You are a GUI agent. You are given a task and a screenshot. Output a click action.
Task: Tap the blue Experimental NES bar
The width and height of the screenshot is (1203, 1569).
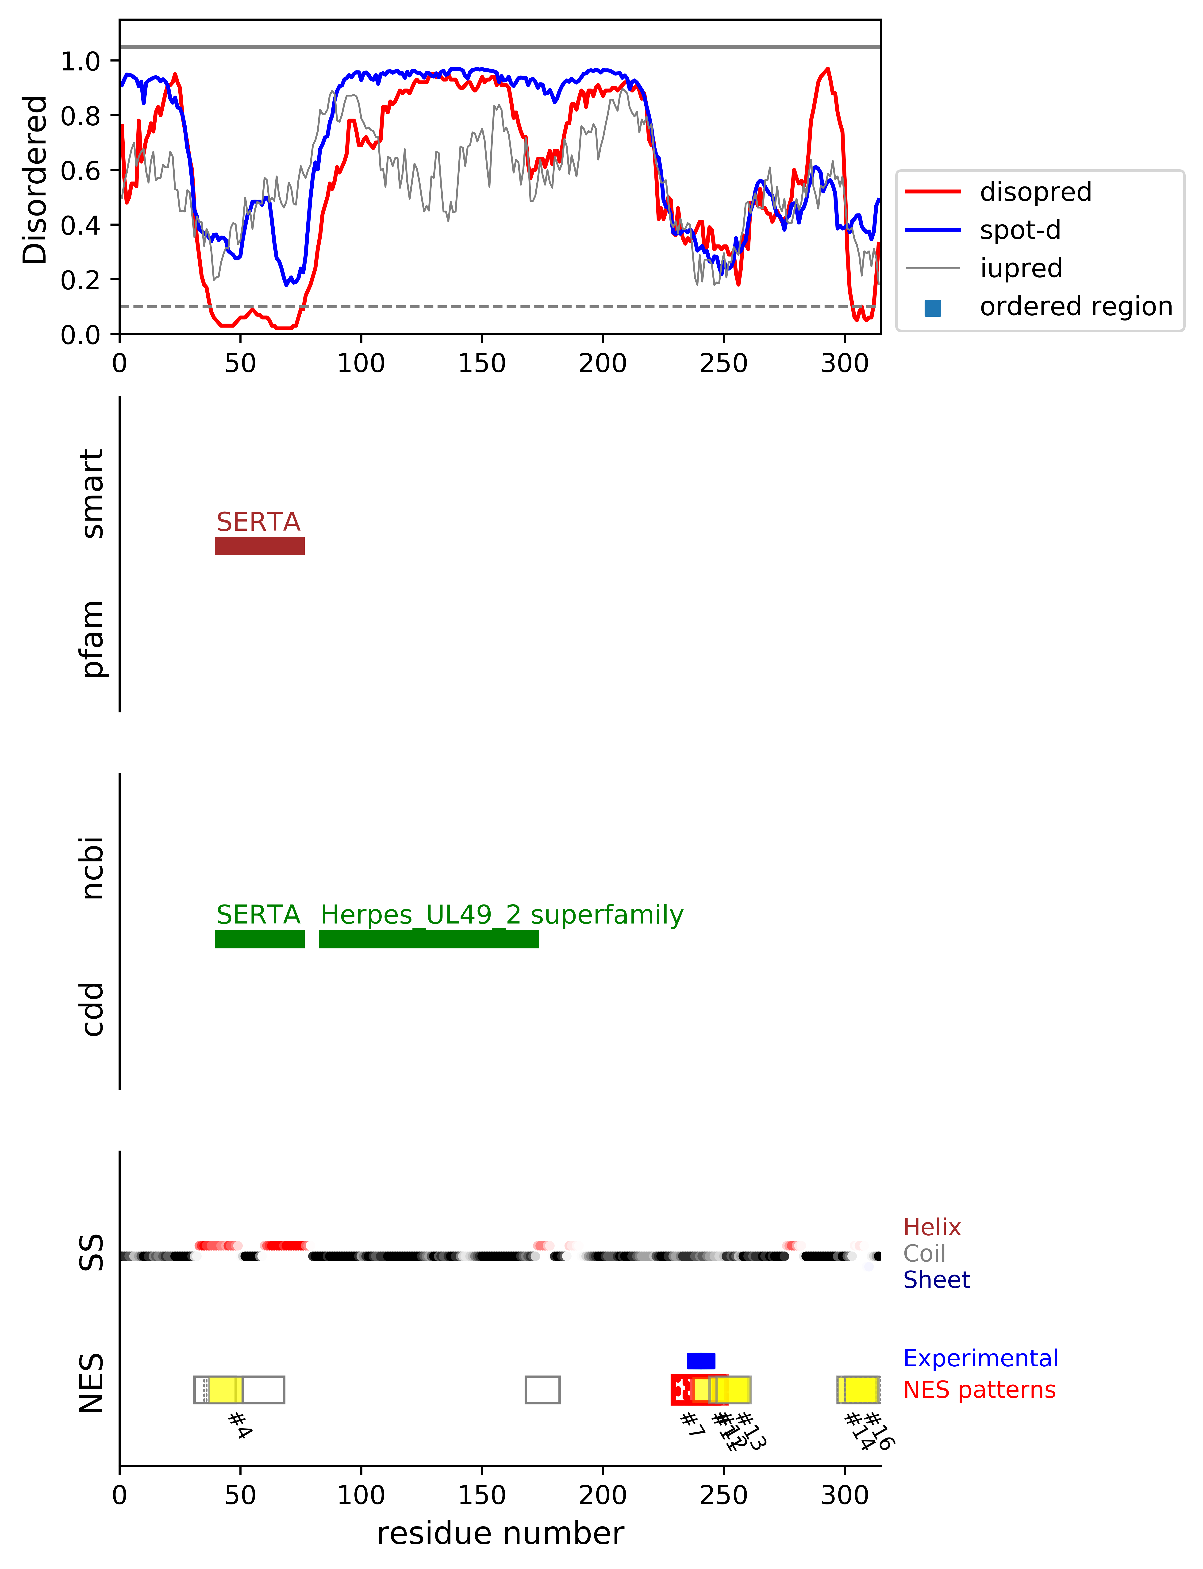click(x=700, y=1361)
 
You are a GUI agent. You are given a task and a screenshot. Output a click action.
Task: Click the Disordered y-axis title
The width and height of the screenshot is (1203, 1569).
click(x=34, y=179)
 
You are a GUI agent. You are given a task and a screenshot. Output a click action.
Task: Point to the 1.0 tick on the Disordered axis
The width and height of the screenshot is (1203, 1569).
click(x=80, y=61)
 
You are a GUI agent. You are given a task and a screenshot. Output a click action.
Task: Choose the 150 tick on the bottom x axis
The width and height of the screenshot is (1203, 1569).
click(x=482, y=1495)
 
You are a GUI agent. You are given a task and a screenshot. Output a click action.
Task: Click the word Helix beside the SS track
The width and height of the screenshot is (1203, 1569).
click(x=932, y=1227)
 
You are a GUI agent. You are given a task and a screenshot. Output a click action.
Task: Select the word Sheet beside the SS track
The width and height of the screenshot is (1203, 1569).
click(x=936, y=1280)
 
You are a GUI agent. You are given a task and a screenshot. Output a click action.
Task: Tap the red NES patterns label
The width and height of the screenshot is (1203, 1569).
click(x=979, y=1390)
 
